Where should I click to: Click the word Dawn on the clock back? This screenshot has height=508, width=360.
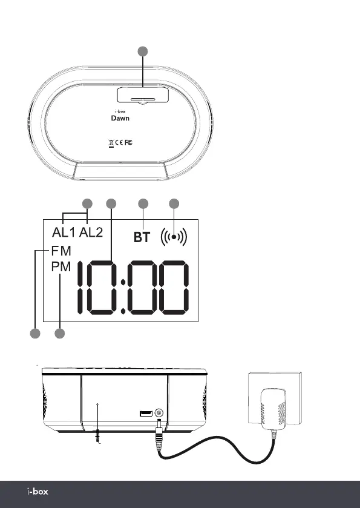point(120,118)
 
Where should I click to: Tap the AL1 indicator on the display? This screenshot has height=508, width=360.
point(64,233)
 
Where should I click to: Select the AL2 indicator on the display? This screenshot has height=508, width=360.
point(91,233)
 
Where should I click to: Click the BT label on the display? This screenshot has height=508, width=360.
point(142,237)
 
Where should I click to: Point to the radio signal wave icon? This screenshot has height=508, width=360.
point(174,237)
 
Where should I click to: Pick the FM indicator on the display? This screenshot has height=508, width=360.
point(61,251)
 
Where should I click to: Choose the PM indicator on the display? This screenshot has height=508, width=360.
point(61,266)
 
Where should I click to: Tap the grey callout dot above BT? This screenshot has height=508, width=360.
point(143,204)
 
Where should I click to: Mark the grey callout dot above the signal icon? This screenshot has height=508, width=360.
point(174,204)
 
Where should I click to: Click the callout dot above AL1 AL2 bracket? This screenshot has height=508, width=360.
point(87,204)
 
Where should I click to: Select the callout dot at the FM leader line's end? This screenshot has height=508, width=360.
point(35,334)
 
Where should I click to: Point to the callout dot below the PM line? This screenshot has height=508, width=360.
point(59,334)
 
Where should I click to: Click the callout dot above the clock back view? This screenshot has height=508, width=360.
point(143,51)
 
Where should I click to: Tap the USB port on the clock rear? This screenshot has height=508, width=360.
point(146,414)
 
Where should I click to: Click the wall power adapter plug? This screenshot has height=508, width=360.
point(273,409)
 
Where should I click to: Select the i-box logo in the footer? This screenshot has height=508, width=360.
point(38,492)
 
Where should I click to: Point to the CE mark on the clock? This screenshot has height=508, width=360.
point(119,142)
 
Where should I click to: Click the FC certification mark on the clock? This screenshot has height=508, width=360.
point(128,142)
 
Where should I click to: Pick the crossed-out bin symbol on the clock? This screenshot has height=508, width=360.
point(111,143)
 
